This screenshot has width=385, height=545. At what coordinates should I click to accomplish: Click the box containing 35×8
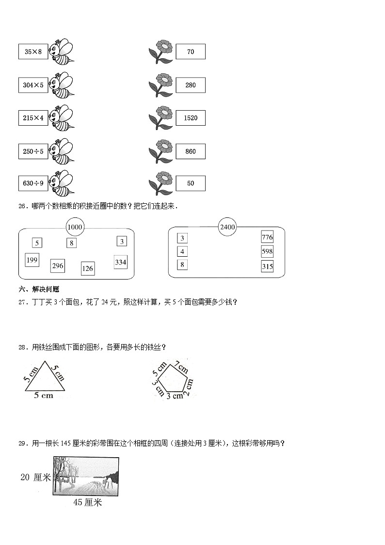click(33, 52)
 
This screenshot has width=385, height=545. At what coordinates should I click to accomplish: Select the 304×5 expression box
click(33, 85)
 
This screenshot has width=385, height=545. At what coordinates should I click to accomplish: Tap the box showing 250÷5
click(33, 151)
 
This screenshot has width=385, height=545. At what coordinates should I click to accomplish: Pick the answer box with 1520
click(191, 118)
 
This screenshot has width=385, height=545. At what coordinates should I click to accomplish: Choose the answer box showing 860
click(191, 151)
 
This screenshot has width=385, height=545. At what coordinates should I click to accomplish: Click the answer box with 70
click(191, 51)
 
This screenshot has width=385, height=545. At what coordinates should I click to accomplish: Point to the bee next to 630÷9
click(62, 183)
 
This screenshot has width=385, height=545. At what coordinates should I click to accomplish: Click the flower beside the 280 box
click(161, 85)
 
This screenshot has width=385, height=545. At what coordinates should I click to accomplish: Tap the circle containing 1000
click(75, 227)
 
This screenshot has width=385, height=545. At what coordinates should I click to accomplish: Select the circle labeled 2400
click(227, 227)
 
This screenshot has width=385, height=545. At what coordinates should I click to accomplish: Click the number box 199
click(32, 260)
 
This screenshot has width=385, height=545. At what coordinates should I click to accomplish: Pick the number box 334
click(120, 262)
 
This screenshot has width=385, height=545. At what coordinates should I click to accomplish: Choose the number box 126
click(87, 268)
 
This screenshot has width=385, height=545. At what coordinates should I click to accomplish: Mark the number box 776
click(267, 237)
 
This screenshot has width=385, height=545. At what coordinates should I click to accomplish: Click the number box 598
click(267, 251)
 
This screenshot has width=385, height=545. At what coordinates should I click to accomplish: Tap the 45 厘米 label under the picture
click(87, 503)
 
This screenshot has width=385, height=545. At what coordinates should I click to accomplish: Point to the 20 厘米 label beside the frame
click(35, 478)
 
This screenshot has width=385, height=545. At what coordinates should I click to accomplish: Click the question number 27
click(22, 302)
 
